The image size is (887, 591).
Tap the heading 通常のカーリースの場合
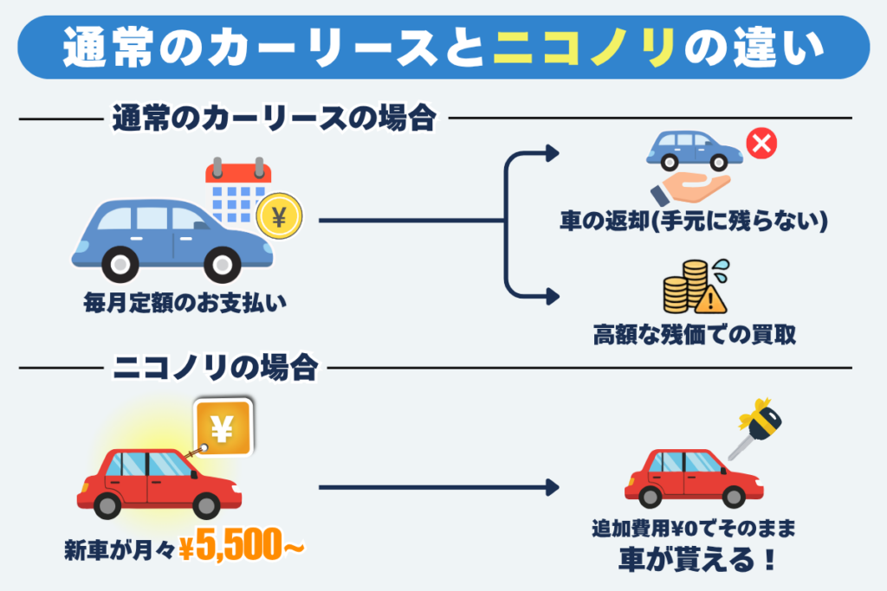(x=273, y=119)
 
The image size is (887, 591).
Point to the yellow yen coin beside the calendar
(x=279, y=218)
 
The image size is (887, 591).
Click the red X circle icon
(x=761, y=145)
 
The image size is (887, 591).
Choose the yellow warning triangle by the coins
(x=711, y=299)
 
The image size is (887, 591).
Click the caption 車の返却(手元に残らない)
(x=694, y=222)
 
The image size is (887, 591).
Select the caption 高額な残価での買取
(x=694, y=334)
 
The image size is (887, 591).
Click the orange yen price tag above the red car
(x=222, y=428)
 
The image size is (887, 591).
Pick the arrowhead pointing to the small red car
(x=551, y=488)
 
